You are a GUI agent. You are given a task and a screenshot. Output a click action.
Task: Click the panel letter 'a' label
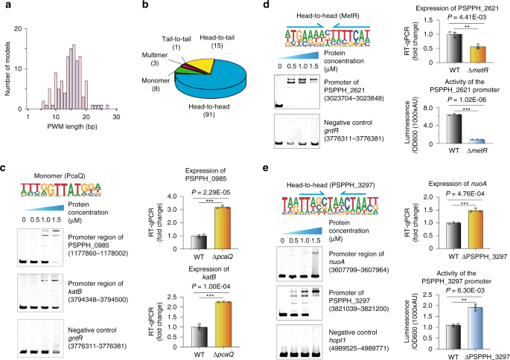(x=4, y=5)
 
